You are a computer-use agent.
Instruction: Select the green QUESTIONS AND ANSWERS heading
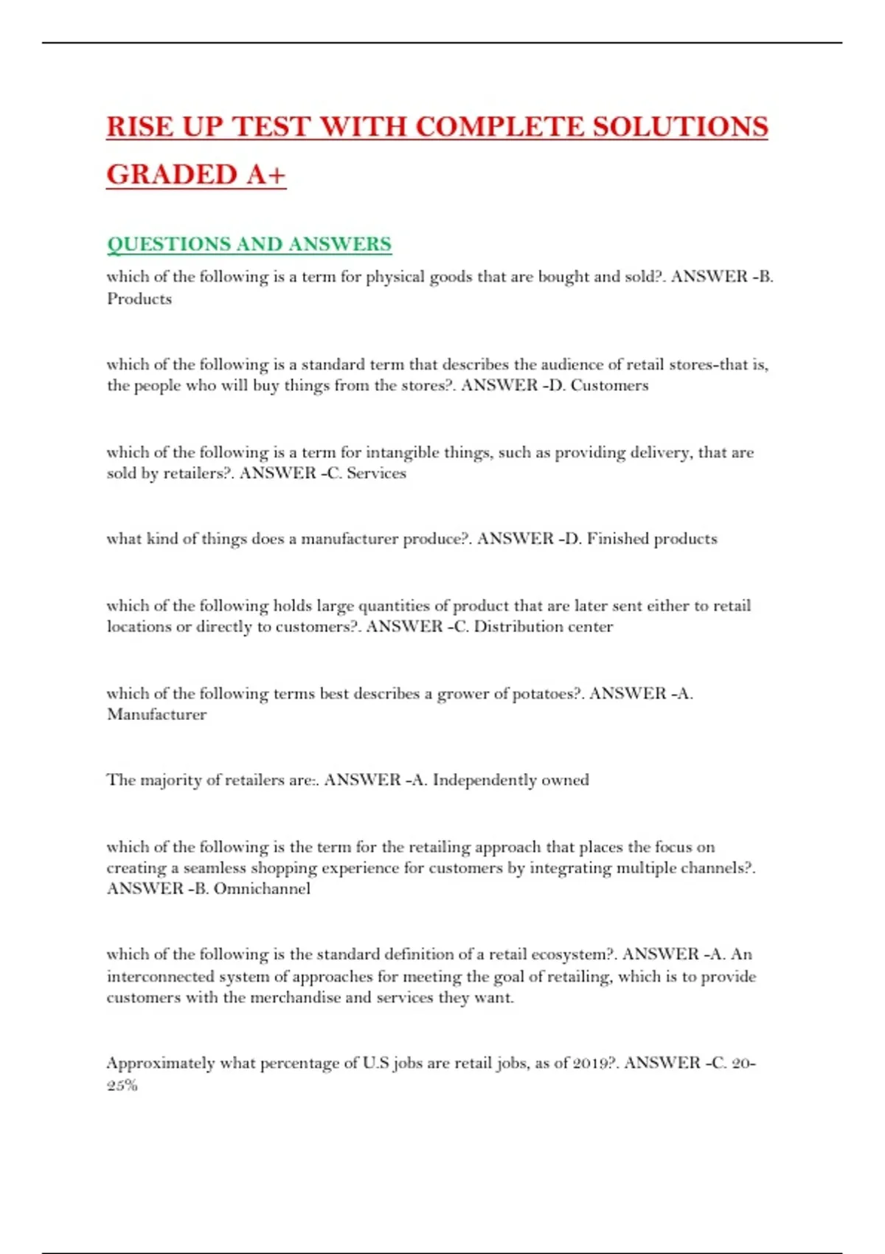click(x=249, y=244)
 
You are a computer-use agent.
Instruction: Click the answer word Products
click(x=139, y=299)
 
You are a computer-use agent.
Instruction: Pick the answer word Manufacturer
click(x=156, y=714)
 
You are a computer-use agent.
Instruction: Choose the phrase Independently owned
click(x=510, y=780)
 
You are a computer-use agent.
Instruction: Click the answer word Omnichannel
click(x=262, y=888)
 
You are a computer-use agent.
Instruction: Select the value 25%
click(x=122, y=1084)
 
